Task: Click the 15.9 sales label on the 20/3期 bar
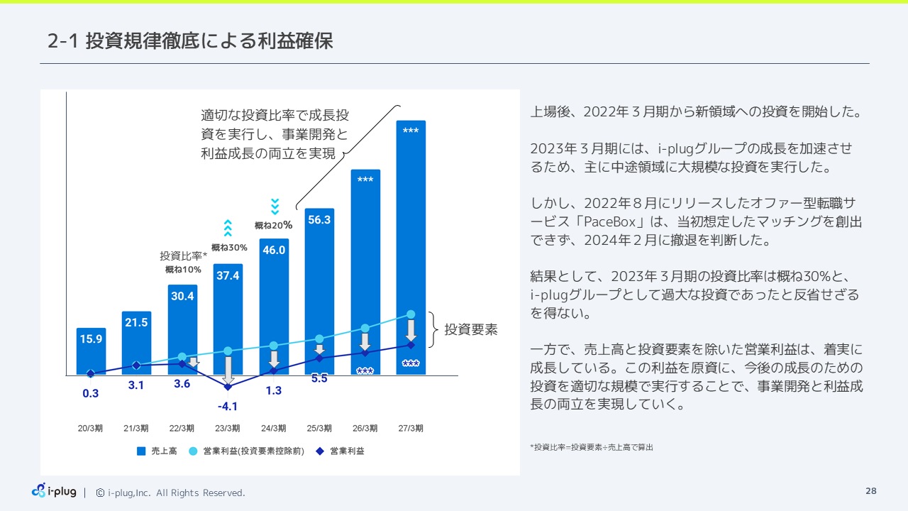coord(91,339)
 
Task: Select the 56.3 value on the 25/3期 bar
coord(319,220)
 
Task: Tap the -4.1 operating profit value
coord(228,407)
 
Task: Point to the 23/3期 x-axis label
coord(228,429)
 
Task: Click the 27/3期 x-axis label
coord(411,429)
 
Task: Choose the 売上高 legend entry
coord(157,451)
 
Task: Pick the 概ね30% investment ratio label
coord(229,248)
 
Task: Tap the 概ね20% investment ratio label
coord(274,226)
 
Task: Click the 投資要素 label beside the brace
coord(471,330)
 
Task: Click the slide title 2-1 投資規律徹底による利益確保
coord(190,41)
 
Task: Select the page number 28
coord(871,491)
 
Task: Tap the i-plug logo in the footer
coord(55,491)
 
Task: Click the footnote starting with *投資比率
coord(592,447)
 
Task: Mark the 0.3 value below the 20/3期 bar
coord(91,393)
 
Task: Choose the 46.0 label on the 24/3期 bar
coord(274,250)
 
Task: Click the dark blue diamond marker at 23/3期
coord(228,387)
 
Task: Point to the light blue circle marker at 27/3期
coord(411,314)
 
